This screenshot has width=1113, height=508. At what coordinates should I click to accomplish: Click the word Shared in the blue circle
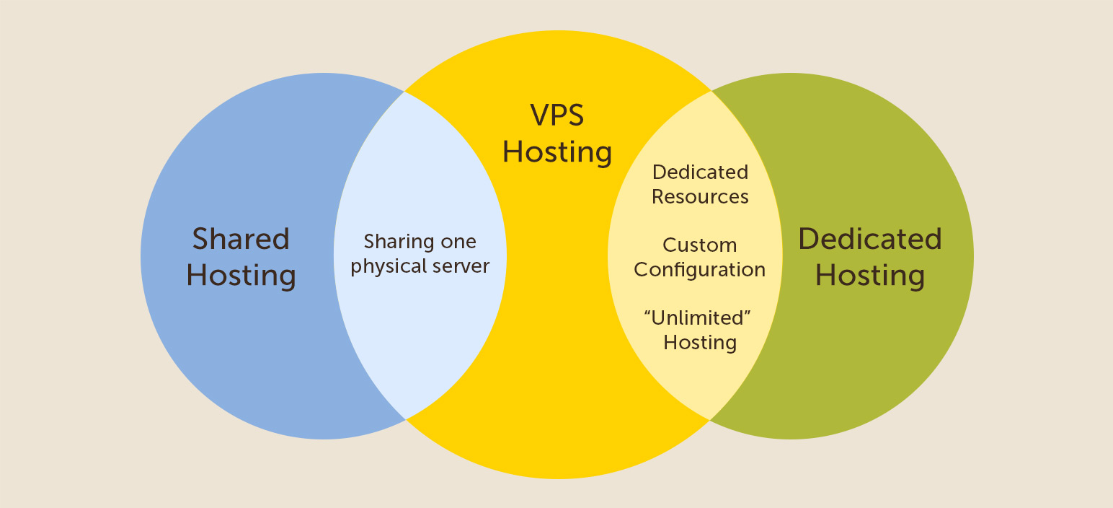[x=241, y=239]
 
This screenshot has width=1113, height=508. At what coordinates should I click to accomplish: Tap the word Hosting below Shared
[x=241, y=276]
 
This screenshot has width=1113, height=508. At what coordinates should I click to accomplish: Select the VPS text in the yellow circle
[x=557, y=115]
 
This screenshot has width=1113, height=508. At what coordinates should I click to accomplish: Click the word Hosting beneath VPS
[x=557, y=152]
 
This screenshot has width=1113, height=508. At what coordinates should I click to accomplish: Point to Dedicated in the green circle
[x=869, y=239]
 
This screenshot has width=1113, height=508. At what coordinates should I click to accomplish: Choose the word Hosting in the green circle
[x=869, y=276]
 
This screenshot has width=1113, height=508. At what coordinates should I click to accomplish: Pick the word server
[x=461, y=266]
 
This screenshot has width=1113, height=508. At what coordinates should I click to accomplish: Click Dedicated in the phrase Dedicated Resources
[x=700, y=172]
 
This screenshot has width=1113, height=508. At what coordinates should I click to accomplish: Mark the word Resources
[x=700, y=197]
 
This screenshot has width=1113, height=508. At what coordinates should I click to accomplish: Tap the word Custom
[x=699, y=245]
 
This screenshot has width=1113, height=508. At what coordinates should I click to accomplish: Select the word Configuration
[x=699, y=271]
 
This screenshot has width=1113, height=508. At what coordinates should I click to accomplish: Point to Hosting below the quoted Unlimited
[x=700, y=342]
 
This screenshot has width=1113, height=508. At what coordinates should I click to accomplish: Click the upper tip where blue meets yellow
[x=405, y=92]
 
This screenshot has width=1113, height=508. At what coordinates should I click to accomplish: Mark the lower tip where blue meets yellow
[x=406, y=419]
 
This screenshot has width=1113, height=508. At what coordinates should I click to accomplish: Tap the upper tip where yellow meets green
[x=711, y=91]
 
